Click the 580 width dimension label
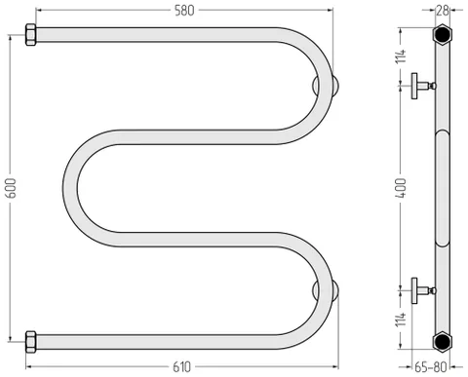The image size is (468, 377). tap(184, 11)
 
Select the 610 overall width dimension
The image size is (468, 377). tap(181, 367)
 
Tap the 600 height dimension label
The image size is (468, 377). tap(11, 188)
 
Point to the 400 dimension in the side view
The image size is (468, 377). tap(401, 188)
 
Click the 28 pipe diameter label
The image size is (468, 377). tap(442, 11)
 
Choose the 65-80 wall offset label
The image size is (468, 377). tap(431, 367)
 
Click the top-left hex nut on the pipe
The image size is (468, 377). tap(30, 35)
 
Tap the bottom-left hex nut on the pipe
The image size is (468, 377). tap(30, 342)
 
